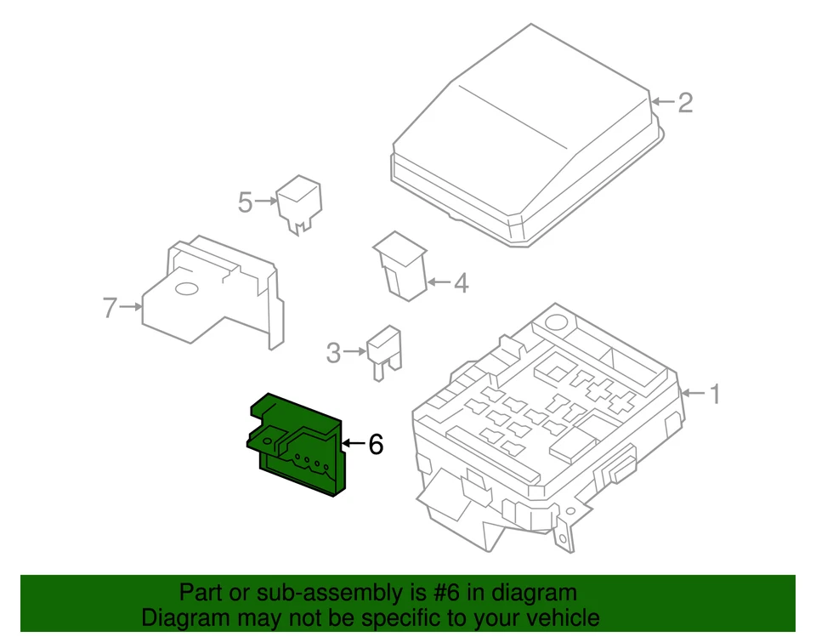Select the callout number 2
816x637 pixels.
pos(684,103)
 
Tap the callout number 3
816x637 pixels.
pos(334,351)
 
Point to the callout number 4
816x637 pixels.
pos(460,283)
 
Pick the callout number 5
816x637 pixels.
pos(246,202)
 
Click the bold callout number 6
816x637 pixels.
pos(375,444)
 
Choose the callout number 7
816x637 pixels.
pos(109,307)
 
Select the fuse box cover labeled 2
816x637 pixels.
pos(527,145)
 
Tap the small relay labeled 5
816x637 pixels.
pos(299,202)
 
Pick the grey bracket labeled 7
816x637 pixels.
pos(217,293)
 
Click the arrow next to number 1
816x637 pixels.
pos(692,394)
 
